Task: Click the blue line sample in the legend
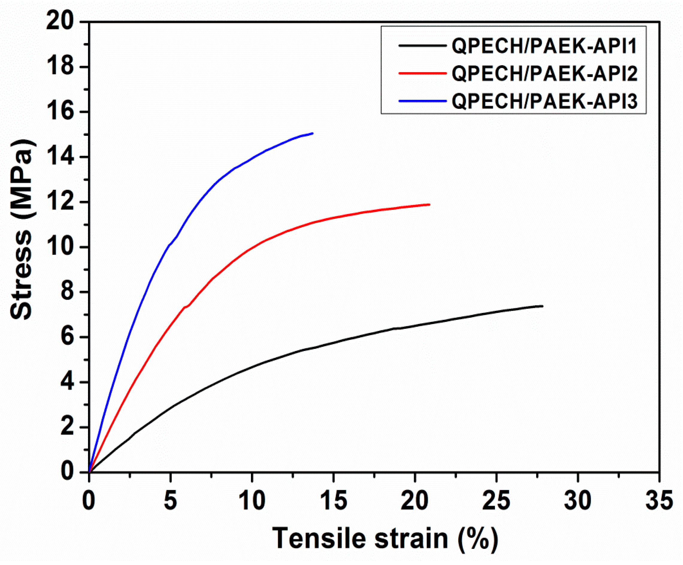[422, 101]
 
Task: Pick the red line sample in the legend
[422, 73]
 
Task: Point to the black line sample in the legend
[422, 46]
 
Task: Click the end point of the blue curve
[312, 133]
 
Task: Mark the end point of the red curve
[429, 204]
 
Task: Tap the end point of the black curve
[543, 306]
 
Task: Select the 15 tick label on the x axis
[333, 501]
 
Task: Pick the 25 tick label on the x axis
[496, 501]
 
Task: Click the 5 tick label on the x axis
[170, 501]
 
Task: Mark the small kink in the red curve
[186, 307]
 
